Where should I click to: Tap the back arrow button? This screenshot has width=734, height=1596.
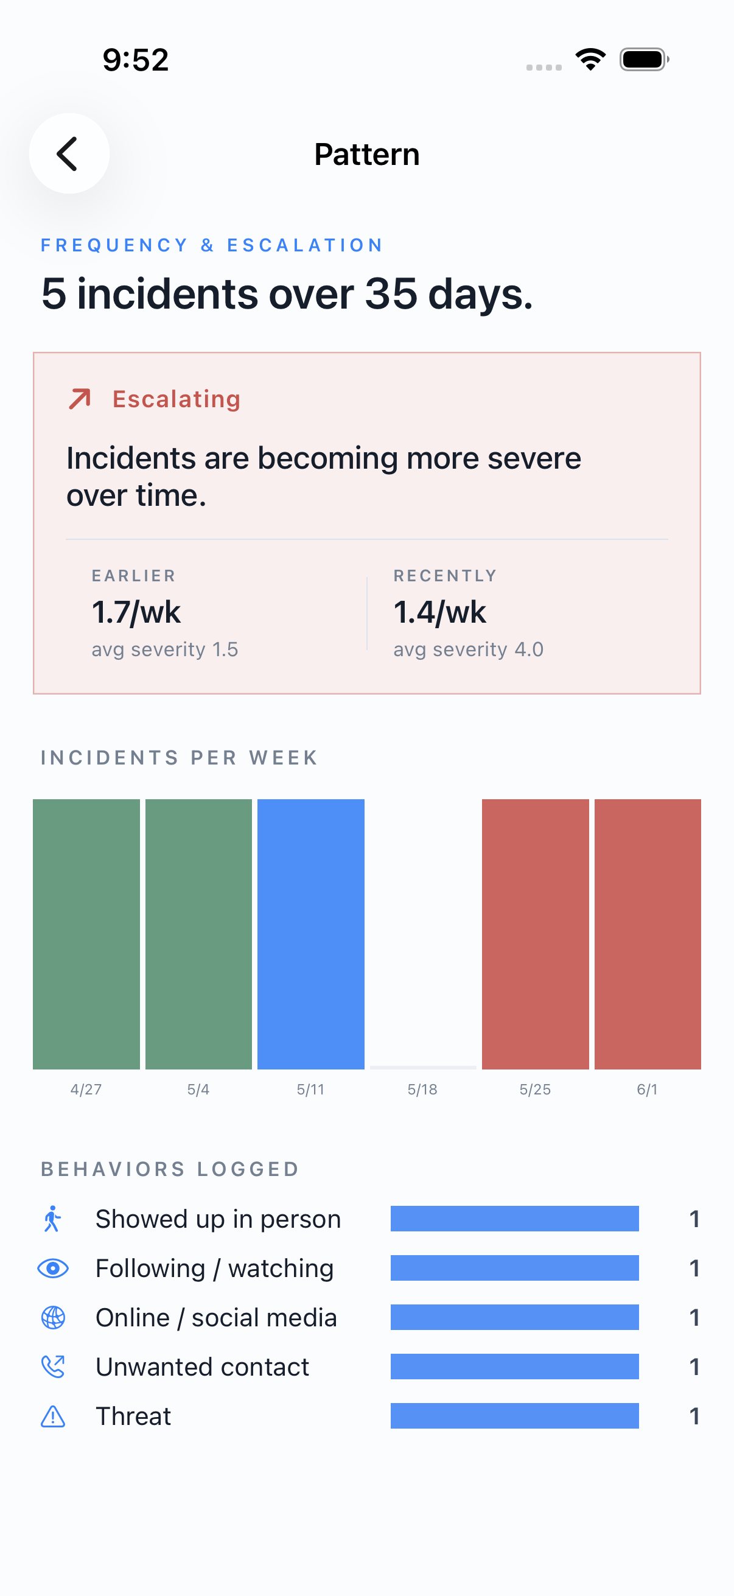[69, 153]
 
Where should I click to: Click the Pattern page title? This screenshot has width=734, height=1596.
[366, 154]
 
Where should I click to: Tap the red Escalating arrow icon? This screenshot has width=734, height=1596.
[80, 399]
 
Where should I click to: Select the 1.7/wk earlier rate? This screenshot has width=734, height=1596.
[136, 612]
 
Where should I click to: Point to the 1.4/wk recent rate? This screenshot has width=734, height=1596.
[440, 612]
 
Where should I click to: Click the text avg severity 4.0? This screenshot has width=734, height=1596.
[468, 649]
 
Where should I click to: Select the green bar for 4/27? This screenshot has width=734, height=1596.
[86, 934]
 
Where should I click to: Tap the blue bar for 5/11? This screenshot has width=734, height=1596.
[311, 934]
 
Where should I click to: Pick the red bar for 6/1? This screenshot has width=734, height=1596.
[648, 934]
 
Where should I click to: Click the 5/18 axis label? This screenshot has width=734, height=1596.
[422, 1089]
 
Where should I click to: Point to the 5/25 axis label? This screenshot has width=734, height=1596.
[535, 1089]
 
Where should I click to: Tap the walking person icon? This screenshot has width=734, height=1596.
[53, 1219]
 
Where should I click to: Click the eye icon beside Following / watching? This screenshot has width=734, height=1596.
[54, 1269]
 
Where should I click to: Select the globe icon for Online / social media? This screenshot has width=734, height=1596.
[54, 1317]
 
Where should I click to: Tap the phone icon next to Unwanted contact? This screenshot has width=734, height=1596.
[54, 1367]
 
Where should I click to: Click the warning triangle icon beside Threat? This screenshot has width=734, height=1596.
[54, 1416]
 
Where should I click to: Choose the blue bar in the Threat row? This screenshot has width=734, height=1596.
[515, 1416]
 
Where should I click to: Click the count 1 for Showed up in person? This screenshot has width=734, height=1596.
[694, 1219]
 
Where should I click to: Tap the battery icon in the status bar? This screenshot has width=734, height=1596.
[645, 60]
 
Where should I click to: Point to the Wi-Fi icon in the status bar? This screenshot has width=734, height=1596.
[591, 60]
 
